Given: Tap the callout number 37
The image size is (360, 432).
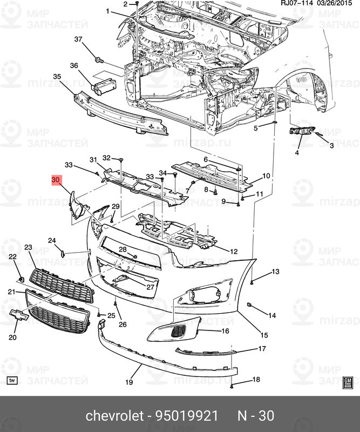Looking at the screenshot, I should tap(78, 39).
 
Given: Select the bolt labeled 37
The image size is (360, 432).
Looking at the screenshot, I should tap(99, 59).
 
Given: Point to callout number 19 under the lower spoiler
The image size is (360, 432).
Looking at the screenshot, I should tap(129, 382).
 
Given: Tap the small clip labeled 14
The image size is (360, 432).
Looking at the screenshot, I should tap(250, 306).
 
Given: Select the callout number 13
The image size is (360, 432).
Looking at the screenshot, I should tap(275, 271).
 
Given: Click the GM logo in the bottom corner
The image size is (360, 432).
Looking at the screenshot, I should tap(348, 382).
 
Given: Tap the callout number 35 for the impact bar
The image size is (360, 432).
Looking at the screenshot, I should tap(57, 77).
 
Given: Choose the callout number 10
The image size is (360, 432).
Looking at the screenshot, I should tap(266, 176).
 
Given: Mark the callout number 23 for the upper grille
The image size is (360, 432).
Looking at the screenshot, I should tap(28, 247).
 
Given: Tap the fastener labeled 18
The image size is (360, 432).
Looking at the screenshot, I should tap(232, 386).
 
